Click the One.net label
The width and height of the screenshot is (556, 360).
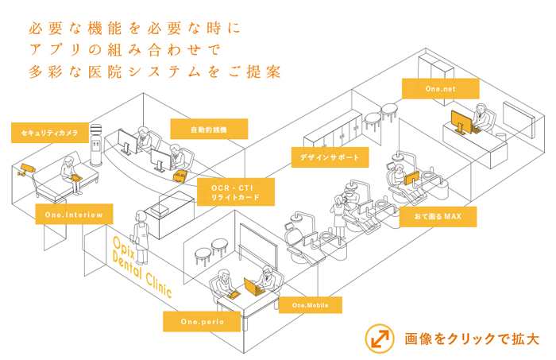tap(439, 89)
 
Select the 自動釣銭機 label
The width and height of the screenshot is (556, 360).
tap(209, 129)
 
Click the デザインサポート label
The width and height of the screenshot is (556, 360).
tap(330, 157)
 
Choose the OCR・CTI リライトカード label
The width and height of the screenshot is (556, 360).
tap(237, 192)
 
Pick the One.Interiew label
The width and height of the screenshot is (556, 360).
tap(74, 213)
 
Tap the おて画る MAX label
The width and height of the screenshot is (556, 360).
tap(438, 216)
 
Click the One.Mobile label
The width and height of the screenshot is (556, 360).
tap(310, 305)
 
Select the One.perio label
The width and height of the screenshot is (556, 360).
tap(201, 321)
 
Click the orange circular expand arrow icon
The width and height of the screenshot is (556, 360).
tap(379, 338)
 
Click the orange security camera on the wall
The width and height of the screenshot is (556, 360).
tap(27, 169)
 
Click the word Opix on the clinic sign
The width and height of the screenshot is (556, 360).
tap(121, 243)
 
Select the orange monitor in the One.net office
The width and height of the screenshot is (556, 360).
tap(460, 122)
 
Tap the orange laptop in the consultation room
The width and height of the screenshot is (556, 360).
tap(253, 285)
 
